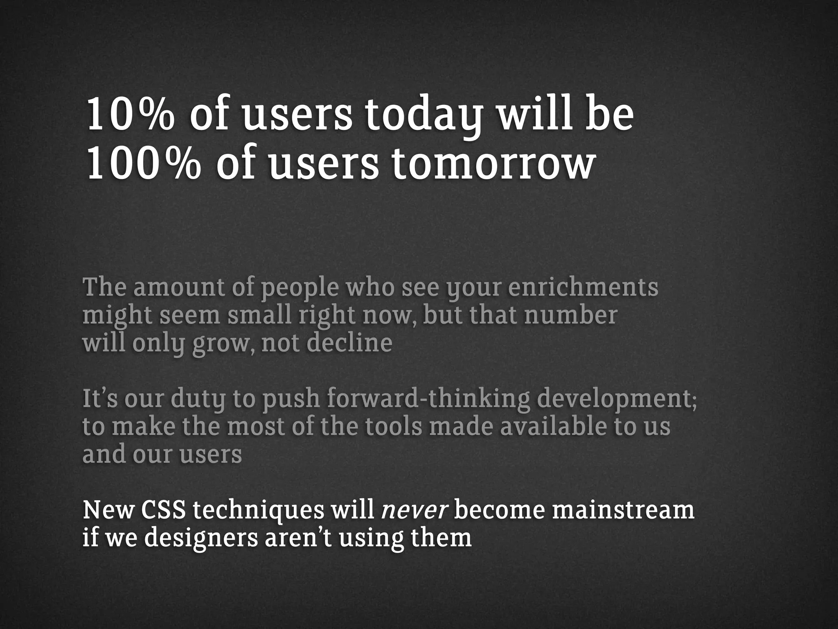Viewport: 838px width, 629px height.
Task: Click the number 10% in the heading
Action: (x=129, y=115)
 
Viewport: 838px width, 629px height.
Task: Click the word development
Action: (x=616, y=399)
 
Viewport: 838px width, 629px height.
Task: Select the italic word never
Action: (x=415, y=511)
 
